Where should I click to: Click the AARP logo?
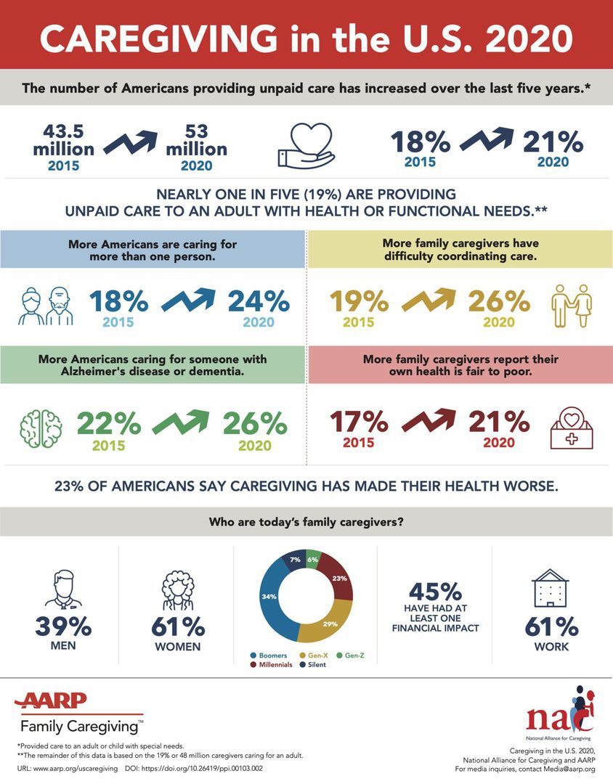pos(51,701)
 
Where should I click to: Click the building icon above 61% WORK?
pos(551,587)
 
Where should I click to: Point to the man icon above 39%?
pos(63,587)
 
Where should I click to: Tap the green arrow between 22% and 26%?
pos(181,423)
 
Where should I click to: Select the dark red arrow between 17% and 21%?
pos(429,423)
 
